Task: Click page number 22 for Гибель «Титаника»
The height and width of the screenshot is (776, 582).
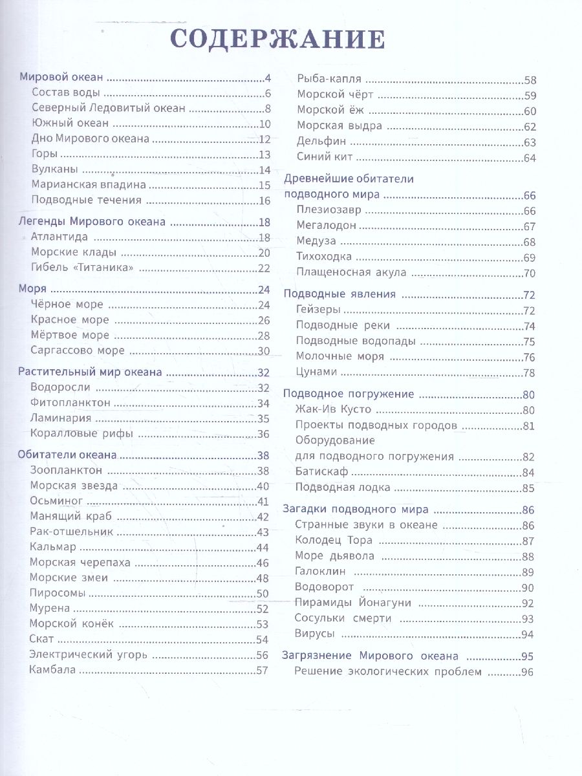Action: (263, 268)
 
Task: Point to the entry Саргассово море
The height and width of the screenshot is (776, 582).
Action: (77, 351)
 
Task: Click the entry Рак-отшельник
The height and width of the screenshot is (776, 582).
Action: (71, 532)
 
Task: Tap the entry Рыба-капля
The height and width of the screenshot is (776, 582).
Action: (329, 80)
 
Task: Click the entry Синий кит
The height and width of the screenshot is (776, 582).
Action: (325, 157)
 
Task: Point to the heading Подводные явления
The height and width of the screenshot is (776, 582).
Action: (339, 294)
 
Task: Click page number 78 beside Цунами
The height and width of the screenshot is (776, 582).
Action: (530, 372)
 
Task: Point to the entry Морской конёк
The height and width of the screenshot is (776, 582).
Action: (71, 624)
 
